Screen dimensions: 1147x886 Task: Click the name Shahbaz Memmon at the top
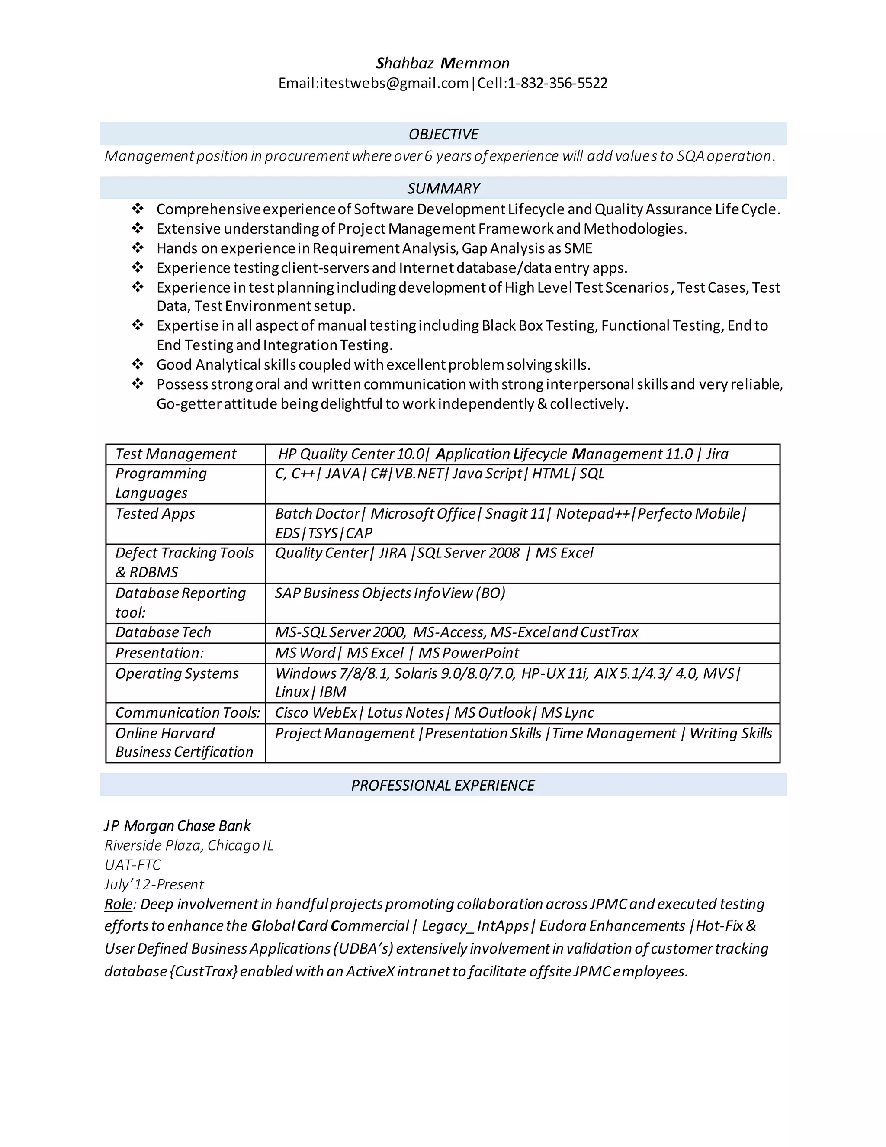(443, 64)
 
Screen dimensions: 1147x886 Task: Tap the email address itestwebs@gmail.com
(394, 84)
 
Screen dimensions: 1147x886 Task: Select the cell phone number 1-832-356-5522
(557, 84)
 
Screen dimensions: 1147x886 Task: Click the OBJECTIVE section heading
(443, 135)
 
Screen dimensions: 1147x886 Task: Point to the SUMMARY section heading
(443, 189)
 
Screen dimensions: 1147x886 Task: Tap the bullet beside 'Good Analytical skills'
(138, 364)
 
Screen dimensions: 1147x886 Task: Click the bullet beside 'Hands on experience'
(138, 248)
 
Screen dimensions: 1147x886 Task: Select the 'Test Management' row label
(176, 454)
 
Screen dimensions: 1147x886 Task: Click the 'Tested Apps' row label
(155, 514)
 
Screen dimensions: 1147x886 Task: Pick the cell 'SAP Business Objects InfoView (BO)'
(390, 593)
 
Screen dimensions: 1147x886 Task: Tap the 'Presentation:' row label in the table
(160, 653)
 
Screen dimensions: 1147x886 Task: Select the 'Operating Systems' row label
(177, 673)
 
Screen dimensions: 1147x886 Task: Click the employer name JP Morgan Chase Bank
(177, 826)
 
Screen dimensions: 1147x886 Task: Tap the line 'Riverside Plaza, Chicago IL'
(189, 846)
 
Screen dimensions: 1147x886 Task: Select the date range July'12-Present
(154, 884)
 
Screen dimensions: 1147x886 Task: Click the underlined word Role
(119, 904)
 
